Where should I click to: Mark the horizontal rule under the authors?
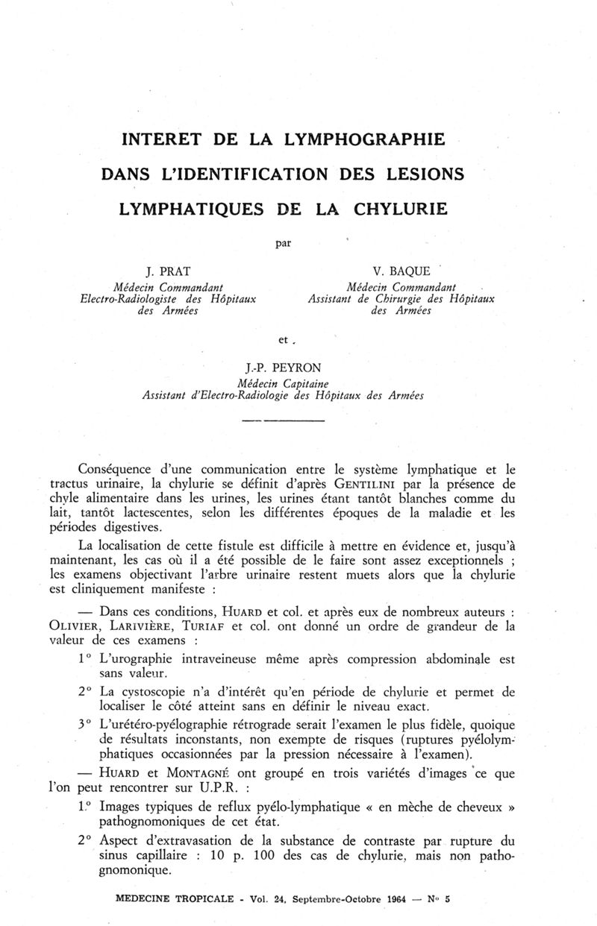[283, 422]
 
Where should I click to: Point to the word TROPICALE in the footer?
[193, 898]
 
